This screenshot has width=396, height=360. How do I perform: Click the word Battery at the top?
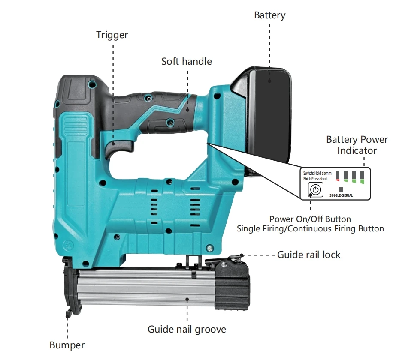pyautogui.click(x=269, y=15)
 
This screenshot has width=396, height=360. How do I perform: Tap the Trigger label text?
pyautogui.click(x=112, y=35)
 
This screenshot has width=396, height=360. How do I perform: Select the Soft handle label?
pyautogui.click(x=186, y=61)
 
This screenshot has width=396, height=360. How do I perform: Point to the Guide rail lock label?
pyautogui.click(x=308, y=255)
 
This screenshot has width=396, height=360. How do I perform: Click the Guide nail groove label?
pyautogui.click(x=187, y=329)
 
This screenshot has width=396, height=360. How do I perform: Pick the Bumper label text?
pyautogui.click(x=67, y=345)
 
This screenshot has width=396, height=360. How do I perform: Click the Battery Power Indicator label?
pyautogui.click(x=357, y=145)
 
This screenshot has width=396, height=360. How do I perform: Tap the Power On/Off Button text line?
pyautogui.click(x=310, y=219)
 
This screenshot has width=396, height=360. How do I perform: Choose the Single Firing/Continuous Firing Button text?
pyautogui.click(x=310, y=228)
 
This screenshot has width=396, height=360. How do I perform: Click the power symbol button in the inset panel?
pyautogui.click(x=316, y=190)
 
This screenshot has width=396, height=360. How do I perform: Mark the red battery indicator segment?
pyautogui.click(x=338, y=180)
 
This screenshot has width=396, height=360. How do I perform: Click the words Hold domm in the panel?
pyautogui.click(x=323, y=173)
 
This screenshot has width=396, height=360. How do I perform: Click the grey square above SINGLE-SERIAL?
pyautogui.click(x=342, y=189)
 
